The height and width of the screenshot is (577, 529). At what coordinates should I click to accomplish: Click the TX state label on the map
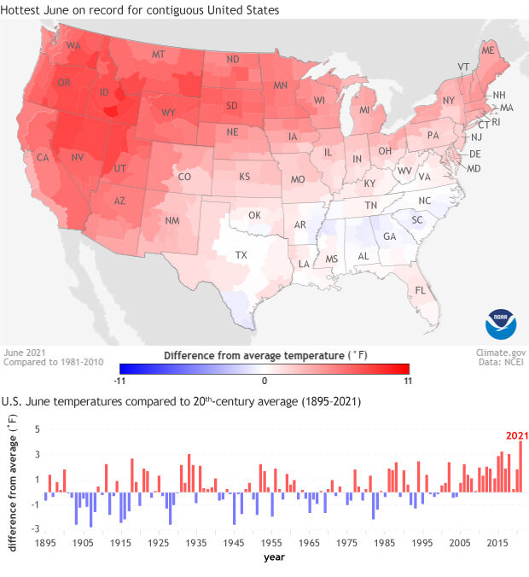(241, 254)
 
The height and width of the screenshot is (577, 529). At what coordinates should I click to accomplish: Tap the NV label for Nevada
(77, 157)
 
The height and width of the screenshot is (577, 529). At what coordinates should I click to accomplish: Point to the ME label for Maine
(488, 52)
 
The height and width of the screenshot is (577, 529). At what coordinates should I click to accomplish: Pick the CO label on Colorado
(183, 177)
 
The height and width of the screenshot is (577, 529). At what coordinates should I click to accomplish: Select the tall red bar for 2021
(520, 466)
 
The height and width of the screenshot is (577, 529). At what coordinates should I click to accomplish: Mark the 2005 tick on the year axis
(460, 542)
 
